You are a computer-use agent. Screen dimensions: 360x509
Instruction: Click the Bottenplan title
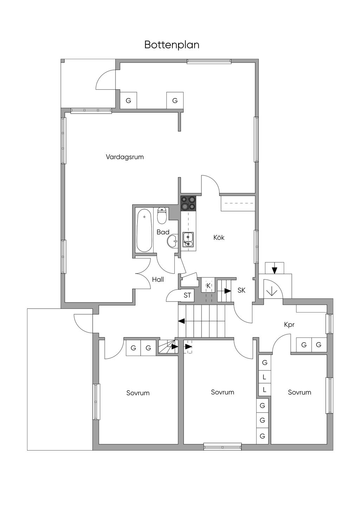click(172, 45)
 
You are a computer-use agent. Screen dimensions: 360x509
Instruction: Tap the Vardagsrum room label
click(125, 157)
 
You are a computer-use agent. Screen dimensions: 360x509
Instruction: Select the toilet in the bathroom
click(162, 215)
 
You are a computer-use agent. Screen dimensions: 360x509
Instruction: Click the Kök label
click(219, 238)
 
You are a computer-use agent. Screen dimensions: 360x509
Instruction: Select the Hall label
click(158, 279)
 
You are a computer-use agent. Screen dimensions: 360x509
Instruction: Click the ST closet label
click(187, 295)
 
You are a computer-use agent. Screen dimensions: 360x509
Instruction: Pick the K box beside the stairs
click(208, 286)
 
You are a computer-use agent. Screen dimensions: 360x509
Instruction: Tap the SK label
click(242, 290)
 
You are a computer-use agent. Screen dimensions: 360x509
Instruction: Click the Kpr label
click(289, 325)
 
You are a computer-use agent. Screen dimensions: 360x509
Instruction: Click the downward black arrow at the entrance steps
click(274, 270)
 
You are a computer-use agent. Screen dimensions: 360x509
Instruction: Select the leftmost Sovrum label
click(138, 393)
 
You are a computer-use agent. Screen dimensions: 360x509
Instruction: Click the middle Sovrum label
click(223, 392)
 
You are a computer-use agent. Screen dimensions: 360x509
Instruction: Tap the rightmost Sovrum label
click(300, 392)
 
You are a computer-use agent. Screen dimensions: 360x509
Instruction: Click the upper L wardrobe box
click(265, 376)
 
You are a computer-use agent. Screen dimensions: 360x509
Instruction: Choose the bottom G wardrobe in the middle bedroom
click(262, 436)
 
